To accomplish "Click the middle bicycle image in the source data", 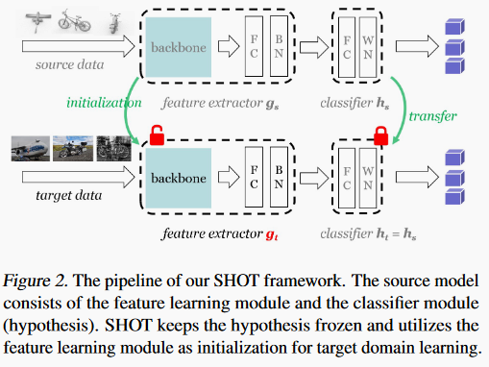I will (77, 19).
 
